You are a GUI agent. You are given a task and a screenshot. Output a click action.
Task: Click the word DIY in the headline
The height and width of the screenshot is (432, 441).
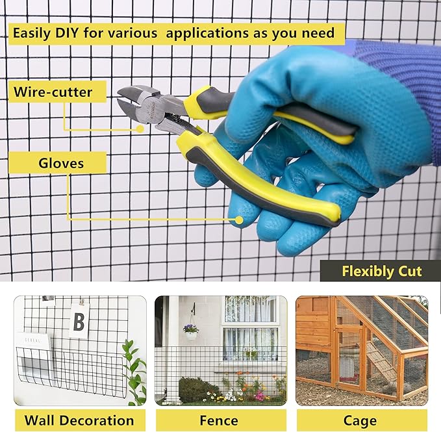67,33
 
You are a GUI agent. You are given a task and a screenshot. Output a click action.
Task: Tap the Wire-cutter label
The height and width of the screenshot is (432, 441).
53,92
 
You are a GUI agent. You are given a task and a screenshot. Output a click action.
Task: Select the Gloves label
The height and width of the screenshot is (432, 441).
61,163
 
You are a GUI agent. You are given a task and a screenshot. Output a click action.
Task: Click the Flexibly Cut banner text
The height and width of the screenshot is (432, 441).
382,272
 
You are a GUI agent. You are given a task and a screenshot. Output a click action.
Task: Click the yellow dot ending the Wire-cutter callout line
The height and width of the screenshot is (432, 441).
140,129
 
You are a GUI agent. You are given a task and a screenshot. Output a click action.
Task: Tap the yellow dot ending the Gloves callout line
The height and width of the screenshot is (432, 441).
239,220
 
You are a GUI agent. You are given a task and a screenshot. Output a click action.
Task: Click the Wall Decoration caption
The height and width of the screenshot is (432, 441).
79,420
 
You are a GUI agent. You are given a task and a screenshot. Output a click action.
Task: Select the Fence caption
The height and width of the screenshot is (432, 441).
219,420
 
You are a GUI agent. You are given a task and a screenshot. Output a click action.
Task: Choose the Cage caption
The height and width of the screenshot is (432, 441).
360,421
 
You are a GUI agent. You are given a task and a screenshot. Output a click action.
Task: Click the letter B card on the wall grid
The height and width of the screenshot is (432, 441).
79,321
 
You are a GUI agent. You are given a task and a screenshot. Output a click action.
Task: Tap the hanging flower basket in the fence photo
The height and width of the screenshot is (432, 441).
191,332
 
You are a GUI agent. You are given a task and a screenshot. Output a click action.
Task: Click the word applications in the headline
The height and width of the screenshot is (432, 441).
207,34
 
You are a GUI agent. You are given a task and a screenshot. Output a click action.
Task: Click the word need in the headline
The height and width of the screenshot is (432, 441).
318,33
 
